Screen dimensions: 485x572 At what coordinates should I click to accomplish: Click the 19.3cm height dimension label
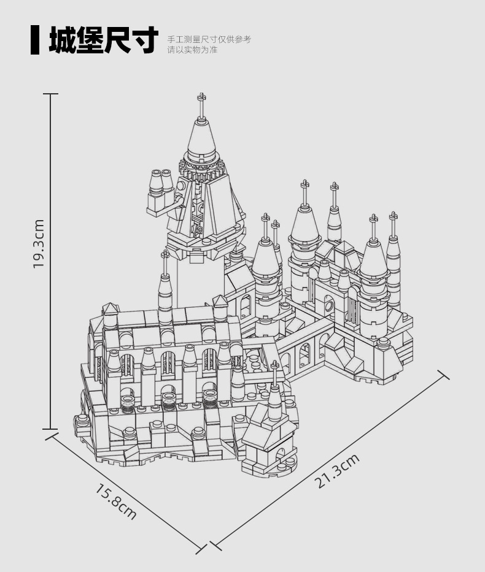(x=38, y=243)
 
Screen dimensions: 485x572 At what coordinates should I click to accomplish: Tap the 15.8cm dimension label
(x=116, y=501)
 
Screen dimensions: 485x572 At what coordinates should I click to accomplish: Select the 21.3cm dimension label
(x=336, y=471)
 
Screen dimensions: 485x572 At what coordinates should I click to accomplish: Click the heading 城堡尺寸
(x=103, y=40)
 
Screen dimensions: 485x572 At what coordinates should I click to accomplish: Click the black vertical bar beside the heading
(x=35, y=40)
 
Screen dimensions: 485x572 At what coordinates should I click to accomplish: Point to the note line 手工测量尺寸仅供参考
(x=209, y=39)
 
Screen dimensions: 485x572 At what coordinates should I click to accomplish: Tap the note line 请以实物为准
(x=193, y=50)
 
